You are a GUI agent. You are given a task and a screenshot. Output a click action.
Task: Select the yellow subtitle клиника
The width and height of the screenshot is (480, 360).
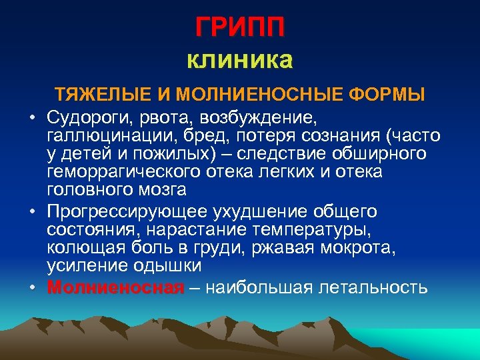point(240,61)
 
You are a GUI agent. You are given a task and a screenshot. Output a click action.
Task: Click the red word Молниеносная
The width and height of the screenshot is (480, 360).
point(115,287)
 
